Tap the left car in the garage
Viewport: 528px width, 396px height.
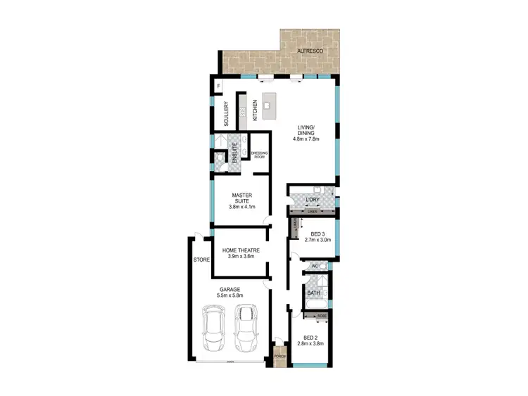coord(213,329)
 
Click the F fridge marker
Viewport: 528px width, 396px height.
coord(219,87)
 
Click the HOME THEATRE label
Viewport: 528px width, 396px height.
coord(241,250)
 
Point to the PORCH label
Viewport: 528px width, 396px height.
coord(280,357)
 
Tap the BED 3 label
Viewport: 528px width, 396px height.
coord(318,234)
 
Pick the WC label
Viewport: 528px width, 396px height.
coord(315,266)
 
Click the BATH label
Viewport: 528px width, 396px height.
coord(313,293)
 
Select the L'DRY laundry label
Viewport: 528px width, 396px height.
coord(313,200)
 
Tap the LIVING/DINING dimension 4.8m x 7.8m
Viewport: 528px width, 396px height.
coord(306,139)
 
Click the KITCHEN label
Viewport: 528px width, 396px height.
coord(254,111)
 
